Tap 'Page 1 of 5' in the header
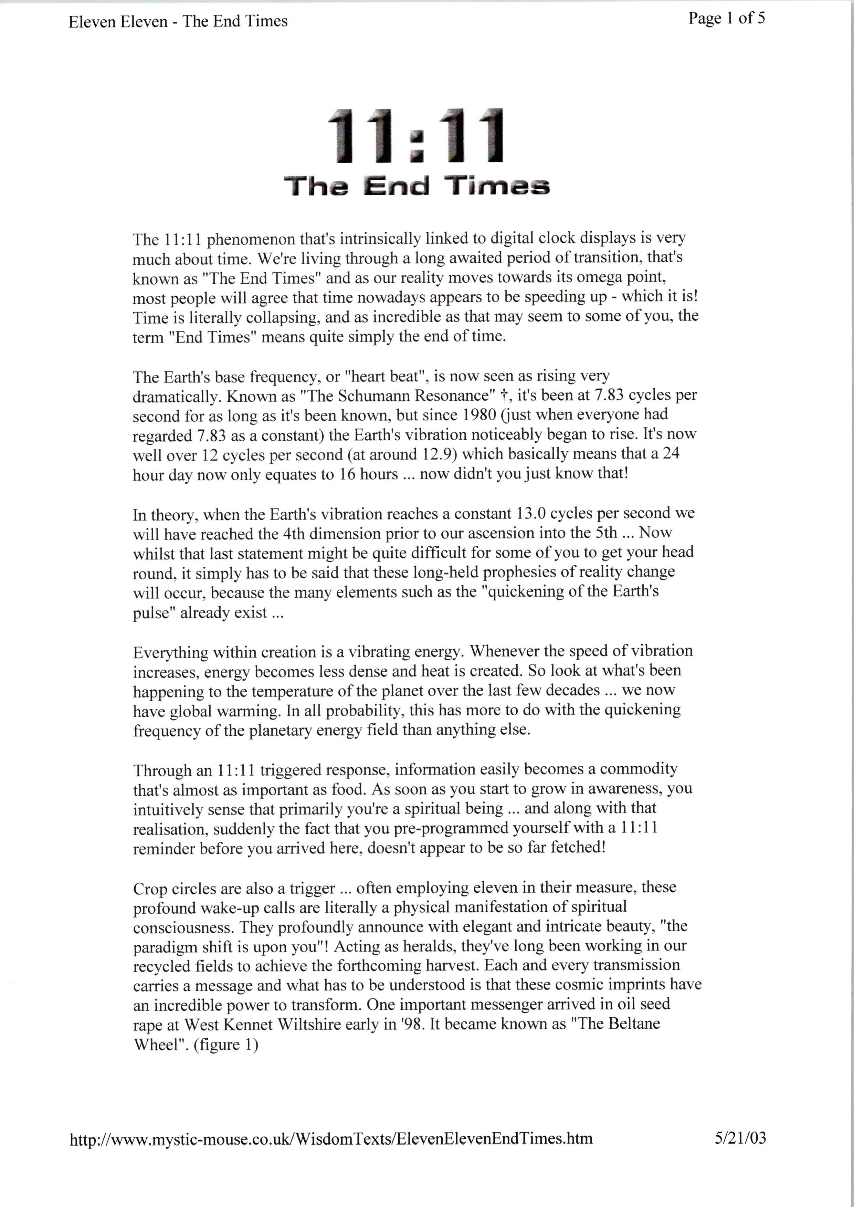[x=726, y=19]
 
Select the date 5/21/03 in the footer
[x=740, y=1138]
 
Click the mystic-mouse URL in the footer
[x=331, y=1139]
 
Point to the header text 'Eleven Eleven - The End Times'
[x=178, y=22]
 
